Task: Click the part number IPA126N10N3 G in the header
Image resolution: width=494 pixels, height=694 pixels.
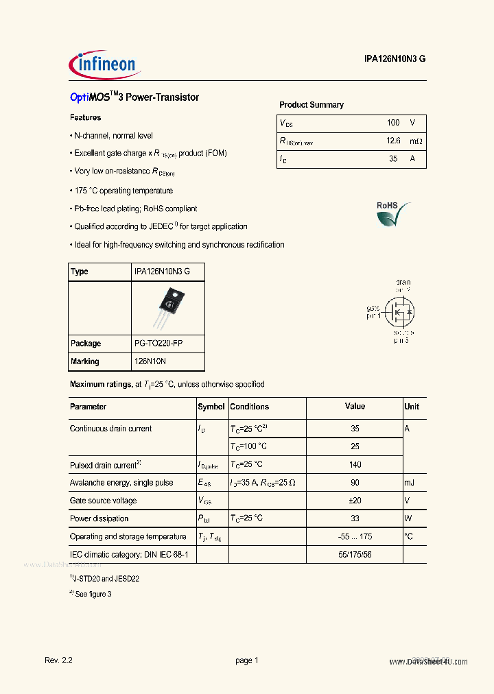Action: (x=395, y=60)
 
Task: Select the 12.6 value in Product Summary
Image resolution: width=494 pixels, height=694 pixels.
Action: (x=392, y=141)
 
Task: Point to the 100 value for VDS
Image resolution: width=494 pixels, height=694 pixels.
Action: (x=392, y=123)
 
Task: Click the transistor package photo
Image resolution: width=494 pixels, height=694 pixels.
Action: (x=167, y=307)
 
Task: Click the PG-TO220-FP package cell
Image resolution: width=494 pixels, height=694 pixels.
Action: (x=158, y=344)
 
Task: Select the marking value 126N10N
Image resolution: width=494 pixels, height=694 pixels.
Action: (x=150, y=361)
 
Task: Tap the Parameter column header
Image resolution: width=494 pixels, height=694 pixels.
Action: (x=89, y=407)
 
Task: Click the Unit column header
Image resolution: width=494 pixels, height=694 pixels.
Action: (x=412, y=407)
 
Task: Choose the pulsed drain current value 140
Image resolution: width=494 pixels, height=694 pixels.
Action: (x=355, y=465)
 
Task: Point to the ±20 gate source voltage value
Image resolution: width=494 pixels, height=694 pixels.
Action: (x=355, y=501)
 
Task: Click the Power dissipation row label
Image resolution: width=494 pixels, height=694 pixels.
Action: (x=99, y=519)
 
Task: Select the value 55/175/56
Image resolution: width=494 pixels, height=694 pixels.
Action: (x=355, y=554)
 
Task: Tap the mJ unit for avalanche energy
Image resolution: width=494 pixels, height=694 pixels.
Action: (x=410, y=483)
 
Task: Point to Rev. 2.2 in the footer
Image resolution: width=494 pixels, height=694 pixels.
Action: (x=58, y=660)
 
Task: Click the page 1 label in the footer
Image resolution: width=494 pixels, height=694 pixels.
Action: (x=246, y=660)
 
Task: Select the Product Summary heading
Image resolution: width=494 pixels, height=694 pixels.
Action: (x=311, y=105)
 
